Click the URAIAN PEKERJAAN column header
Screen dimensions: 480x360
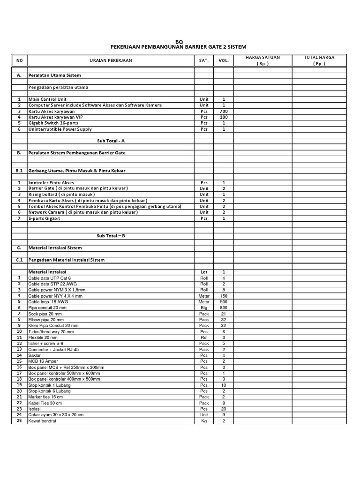[111, 60]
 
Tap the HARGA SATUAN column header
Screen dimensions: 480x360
[262, 57]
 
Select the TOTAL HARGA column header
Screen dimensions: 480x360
[319, 57]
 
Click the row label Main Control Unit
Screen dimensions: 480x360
[47, 99]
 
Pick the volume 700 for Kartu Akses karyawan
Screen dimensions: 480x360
[224, 112]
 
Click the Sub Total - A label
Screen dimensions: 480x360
[111, 141]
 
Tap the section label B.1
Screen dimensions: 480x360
[19, 171]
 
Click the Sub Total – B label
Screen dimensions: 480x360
[111, 236]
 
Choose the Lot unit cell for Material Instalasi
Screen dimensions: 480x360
[204, 272]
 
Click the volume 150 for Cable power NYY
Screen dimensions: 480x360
[224, 296]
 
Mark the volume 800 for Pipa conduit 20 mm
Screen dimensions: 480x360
[224, 307]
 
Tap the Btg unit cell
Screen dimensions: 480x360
[204, 307]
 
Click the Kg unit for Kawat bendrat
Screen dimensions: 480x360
[204, 421]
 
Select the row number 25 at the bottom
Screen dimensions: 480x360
[19, 421]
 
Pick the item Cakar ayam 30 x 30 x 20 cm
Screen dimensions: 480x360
[57, 415]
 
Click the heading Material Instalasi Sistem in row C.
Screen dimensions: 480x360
[55, 247]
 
